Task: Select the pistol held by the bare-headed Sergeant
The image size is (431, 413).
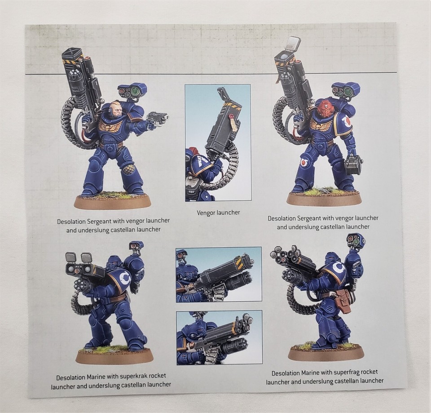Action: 158,119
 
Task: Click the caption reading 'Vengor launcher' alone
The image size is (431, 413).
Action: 218,212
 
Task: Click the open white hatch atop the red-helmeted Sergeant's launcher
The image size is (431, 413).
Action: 292,44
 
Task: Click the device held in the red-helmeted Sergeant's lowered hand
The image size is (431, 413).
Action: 353,165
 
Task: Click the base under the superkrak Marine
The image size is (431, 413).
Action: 114,356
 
